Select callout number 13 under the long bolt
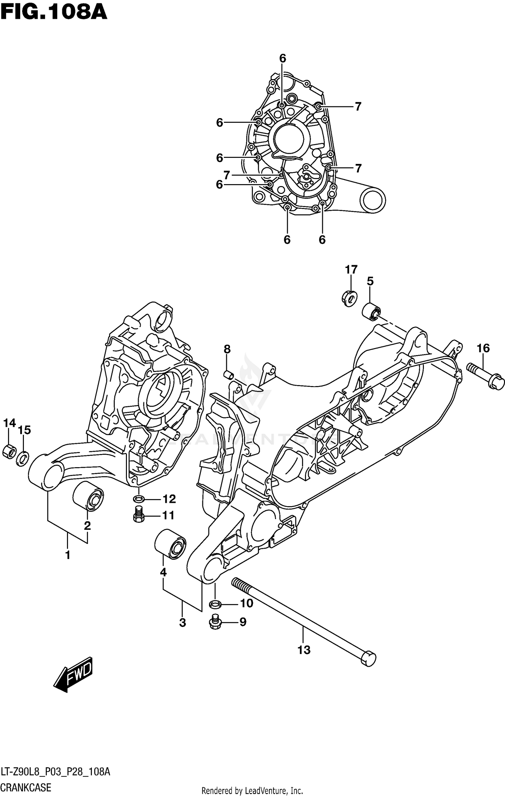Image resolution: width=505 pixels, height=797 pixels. pos(304,650)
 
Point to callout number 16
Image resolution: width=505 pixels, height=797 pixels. pos(483,348)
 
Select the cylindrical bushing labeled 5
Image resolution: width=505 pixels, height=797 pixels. pos(371,312)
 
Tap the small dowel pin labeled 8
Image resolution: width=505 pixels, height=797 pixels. pos(228,374)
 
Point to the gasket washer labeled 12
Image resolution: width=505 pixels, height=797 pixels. pos(139,499)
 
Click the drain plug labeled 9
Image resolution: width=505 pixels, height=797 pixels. pos(214,622)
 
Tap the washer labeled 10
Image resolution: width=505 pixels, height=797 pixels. pos(215,603)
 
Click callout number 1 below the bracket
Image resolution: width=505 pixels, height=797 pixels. pos(68,555)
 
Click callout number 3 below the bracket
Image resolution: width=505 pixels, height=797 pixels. pos(182,623)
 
